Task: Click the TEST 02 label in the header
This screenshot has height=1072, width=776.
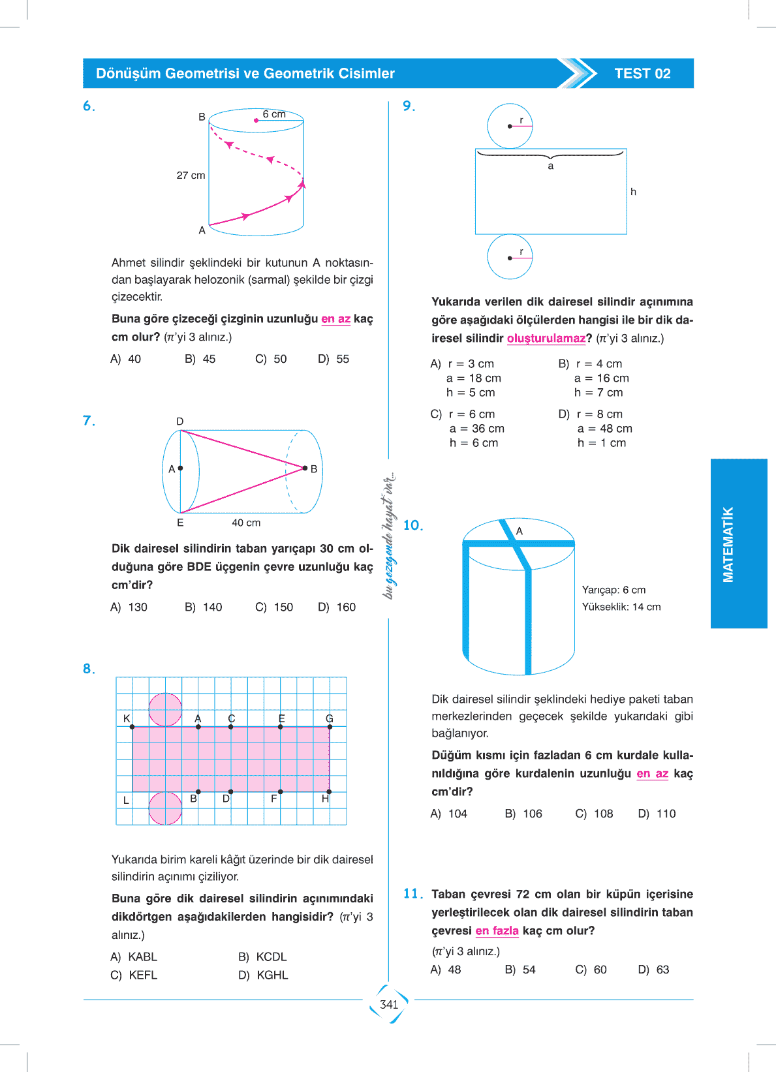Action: pos(642,74)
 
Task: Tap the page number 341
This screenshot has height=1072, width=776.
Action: pos(389,1004)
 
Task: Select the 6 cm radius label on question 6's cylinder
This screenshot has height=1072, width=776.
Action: pos(274,114)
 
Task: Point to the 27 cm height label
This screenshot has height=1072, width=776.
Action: pos(191,176)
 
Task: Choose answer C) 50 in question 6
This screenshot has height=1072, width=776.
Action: pos(272,359)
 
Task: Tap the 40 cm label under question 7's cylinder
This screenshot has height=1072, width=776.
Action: pos(246,523)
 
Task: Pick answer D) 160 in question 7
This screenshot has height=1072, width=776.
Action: pos(337,607)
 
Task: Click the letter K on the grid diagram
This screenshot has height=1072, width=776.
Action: pos(127,718)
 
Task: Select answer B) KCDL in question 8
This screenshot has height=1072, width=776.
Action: pos(263,957)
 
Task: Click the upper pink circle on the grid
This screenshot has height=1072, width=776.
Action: pos(165,709)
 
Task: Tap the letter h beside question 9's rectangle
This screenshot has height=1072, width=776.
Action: pos(633,192)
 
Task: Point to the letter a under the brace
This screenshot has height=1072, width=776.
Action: pos(551,166)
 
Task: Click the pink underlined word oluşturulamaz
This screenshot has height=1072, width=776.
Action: pos(546,338)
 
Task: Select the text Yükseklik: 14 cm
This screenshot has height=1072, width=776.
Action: pos(621,607)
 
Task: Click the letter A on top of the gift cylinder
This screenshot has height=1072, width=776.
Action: pos(520,531)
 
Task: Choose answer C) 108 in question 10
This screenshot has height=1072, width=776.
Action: pos(595,814)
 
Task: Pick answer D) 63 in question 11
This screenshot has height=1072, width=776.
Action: pos(654,970)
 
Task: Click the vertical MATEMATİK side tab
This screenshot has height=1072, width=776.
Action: pos(728,544)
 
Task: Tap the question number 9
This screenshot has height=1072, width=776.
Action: pos(409,106)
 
